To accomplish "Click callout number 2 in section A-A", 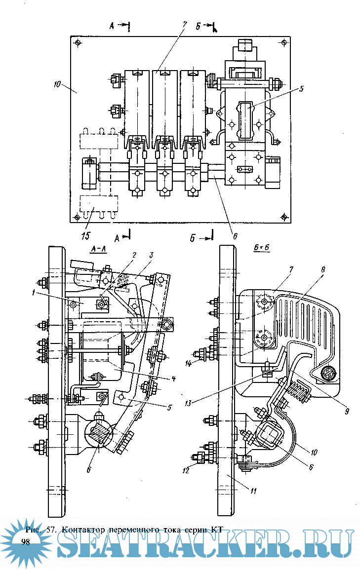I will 133,254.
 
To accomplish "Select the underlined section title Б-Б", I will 261,250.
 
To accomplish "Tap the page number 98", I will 26,541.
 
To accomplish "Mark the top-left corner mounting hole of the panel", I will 80,44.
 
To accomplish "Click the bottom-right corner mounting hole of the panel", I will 283,216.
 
